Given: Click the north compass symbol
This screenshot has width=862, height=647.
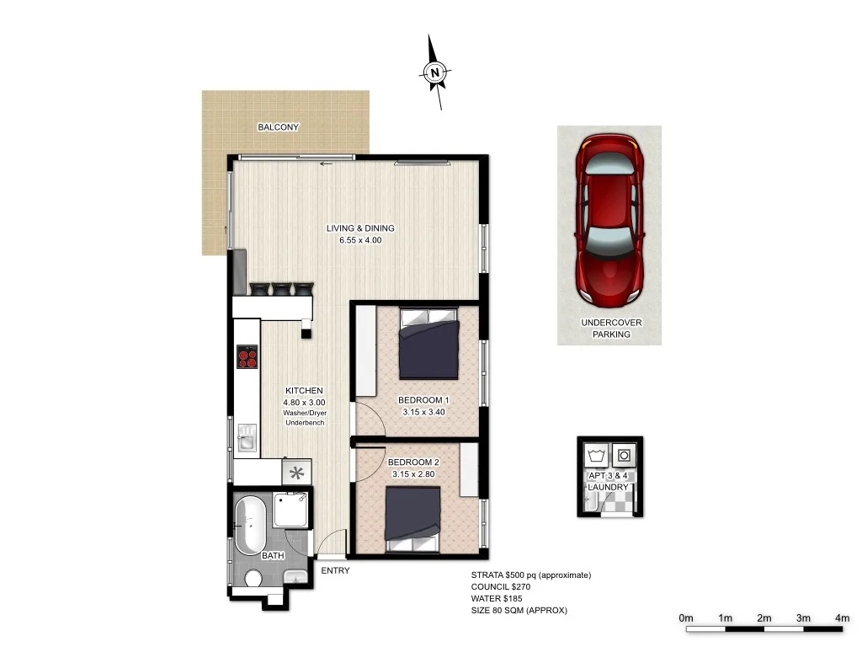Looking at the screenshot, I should pyautogui.click(x=435, y=72).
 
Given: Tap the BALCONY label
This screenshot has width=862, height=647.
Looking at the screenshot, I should pyautogui.click(x=278, y=127).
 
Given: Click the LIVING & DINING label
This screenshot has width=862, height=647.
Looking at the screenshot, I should pyautogui.click(x=360, y=228).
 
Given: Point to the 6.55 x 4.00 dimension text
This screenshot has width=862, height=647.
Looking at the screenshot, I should pyautogui.click(x=360, y=240).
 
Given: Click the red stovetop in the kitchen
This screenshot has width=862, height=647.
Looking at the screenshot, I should pyautogui.click(x=247, y=359).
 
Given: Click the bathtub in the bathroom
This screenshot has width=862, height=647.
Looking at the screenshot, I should pyautogui.click(x=250, y=525).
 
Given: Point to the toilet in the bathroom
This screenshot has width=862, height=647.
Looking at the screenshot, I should pyautogui.click(x=253, y=578).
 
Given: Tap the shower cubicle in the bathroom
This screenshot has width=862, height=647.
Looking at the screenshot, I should pyautogui.click(x=292, y=511).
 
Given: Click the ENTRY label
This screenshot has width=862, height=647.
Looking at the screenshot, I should pyautogui.click(x=335, y=571).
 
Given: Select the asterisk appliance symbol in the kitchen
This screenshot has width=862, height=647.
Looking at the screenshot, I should pyautogui.click(x=296, y=473).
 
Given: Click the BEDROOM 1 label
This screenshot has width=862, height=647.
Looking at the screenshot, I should pyautogui.click(x=424, y=400).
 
